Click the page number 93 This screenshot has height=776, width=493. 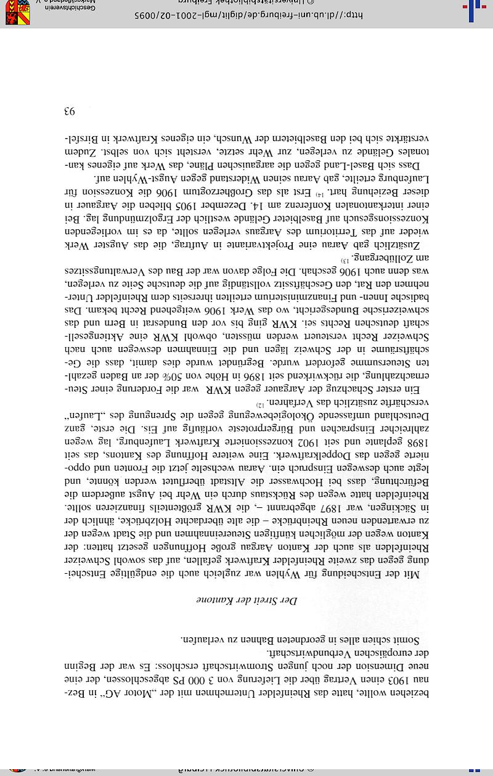68,112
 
